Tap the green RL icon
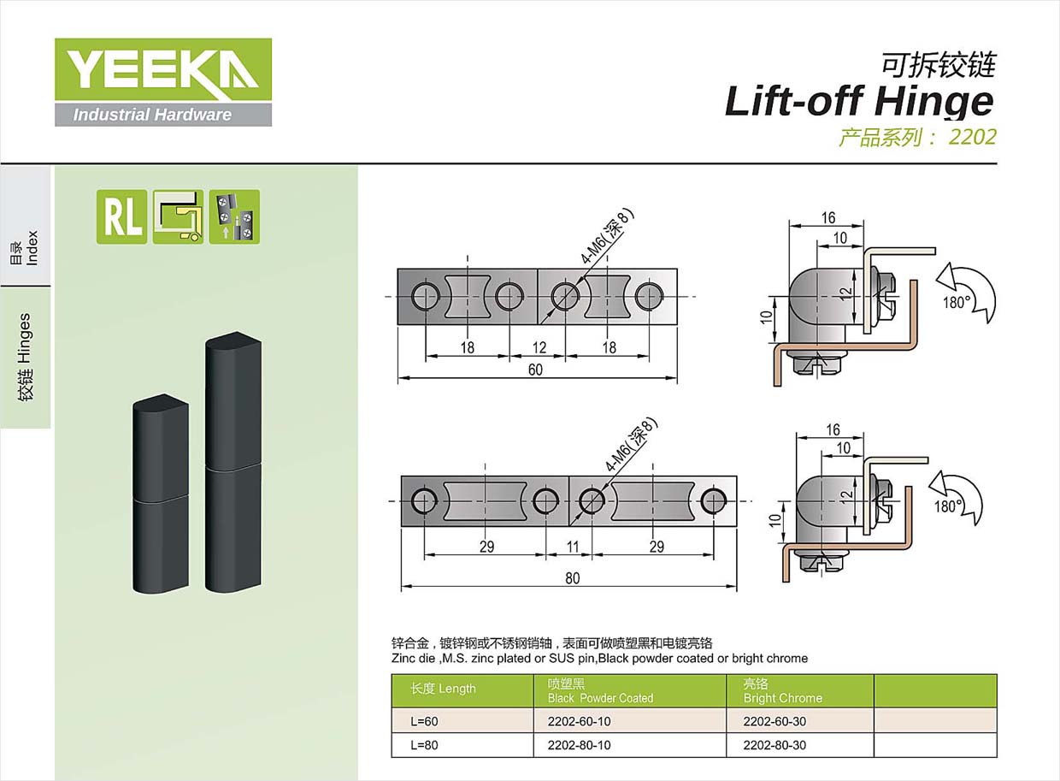click(x=121, y=217)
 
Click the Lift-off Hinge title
click(x=859, y=102)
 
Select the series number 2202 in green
click(x=972, y=138)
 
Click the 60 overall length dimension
click(x=535, y=370)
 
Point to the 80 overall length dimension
click(x=572, y=578)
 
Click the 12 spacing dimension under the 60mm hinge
click(x=539, y=347)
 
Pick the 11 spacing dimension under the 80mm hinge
click(x=573, y=547)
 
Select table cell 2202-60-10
click(x=579, y=721)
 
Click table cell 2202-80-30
click(x=774, y=745)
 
